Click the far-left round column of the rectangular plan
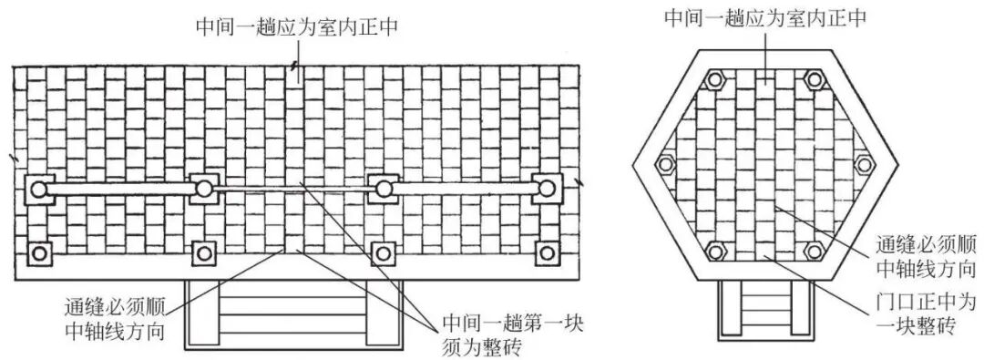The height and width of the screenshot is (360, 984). (38, 190)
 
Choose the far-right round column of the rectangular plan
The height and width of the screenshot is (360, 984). (546, 190)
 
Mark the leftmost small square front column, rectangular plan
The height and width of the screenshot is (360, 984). (38, 252)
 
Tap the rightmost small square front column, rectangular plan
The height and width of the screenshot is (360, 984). (546, 252)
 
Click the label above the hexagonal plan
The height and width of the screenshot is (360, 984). (764, 17)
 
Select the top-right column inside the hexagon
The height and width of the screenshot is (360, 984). (813, 80)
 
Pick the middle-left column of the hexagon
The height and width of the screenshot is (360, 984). (666, 165)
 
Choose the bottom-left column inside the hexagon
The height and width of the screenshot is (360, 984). (714, 251)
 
